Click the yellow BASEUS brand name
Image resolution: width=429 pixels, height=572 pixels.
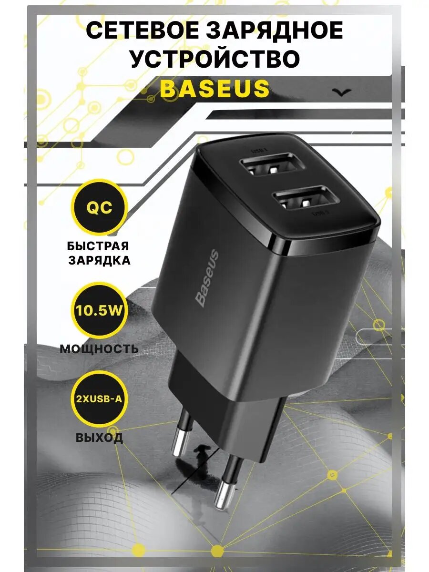point(214,88)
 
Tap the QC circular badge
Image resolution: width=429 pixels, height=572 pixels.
point(99,208)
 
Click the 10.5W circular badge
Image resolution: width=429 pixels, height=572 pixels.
point(99,310)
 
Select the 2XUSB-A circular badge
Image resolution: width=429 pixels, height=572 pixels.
point(99,398)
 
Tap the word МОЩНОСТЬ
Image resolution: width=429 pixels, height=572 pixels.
point(99,349)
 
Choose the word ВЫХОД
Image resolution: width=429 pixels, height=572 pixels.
point(99,438)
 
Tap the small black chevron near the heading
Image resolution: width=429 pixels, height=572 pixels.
point(341,92)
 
